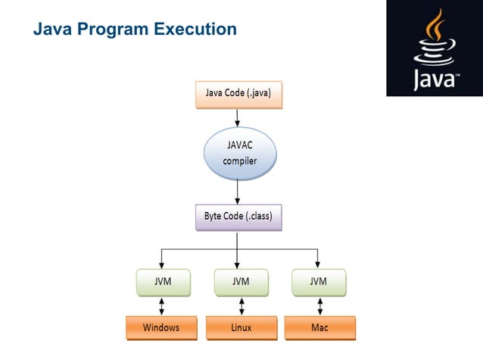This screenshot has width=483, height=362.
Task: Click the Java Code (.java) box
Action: (238, 95)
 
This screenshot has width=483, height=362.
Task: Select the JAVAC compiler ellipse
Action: (240, 154)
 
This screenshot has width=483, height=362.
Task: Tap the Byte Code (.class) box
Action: (238, 217)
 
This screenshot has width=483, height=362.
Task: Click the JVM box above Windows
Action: (164, 282)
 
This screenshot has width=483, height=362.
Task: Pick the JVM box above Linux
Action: (241, 282)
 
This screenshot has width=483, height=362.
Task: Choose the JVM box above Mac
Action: (319, 282)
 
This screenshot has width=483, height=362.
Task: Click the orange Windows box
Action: (161, 328)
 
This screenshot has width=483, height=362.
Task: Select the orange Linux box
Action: (241, 328)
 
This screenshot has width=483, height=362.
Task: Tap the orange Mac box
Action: (320, 328)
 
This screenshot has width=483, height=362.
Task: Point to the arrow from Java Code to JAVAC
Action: (237, 117)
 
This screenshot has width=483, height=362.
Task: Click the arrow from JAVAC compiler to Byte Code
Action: (237, 192)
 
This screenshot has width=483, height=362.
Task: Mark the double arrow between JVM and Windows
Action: (161, 306)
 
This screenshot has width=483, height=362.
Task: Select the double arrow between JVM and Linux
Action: (241, 306)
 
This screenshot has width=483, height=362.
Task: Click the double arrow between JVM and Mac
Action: (320, 306)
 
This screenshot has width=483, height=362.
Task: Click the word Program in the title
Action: (113, 30)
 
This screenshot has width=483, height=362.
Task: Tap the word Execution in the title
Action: (195, 29)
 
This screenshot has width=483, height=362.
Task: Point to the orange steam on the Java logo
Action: (435, 25)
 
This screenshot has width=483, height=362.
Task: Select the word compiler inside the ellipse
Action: (240, 161)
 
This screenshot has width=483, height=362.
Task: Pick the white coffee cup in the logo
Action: (435, 51)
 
